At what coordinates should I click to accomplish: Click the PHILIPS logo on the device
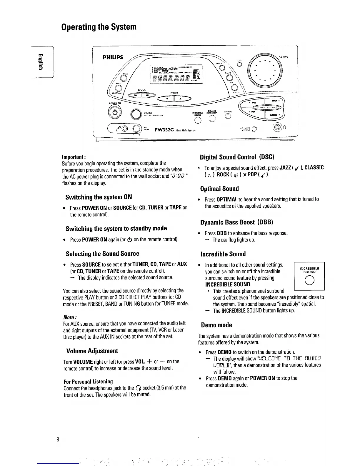click(113, 57)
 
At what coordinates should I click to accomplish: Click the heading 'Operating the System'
click(99, 27)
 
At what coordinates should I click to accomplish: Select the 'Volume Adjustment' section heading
click(92, 351)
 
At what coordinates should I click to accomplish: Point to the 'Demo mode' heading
click(216, 325)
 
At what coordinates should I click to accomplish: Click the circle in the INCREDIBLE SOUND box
click(309, 282)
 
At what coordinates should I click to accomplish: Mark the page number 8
click(58, 440)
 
